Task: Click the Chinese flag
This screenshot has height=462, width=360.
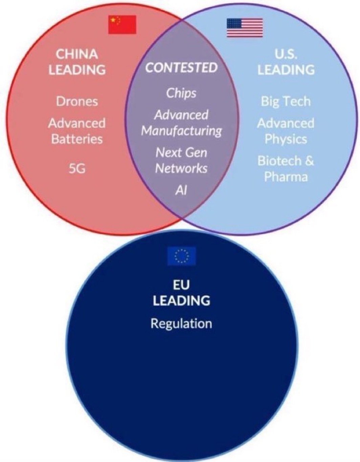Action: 122,25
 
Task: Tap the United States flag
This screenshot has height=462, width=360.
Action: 245,28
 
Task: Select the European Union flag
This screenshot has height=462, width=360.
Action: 182,256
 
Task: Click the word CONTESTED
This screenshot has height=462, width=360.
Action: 182,67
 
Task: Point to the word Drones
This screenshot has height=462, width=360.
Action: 77,101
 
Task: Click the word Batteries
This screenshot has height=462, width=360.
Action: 77,139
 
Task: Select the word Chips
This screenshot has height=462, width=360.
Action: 181,93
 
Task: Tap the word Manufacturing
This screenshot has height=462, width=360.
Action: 181,131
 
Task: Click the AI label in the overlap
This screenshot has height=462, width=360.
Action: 181,190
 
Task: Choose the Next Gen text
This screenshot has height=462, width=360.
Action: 181,153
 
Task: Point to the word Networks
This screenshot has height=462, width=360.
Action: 181,169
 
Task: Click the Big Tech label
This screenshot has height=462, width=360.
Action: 286,102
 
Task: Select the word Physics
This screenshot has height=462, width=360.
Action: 286,139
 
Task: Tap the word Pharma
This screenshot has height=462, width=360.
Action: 286,177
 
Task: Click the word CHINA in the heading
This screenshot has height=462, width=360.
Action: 77,54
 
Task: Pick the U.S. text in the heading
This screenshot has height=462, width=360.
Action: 286,54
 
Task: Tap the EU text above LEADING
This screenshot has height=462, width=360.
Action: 181,285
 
